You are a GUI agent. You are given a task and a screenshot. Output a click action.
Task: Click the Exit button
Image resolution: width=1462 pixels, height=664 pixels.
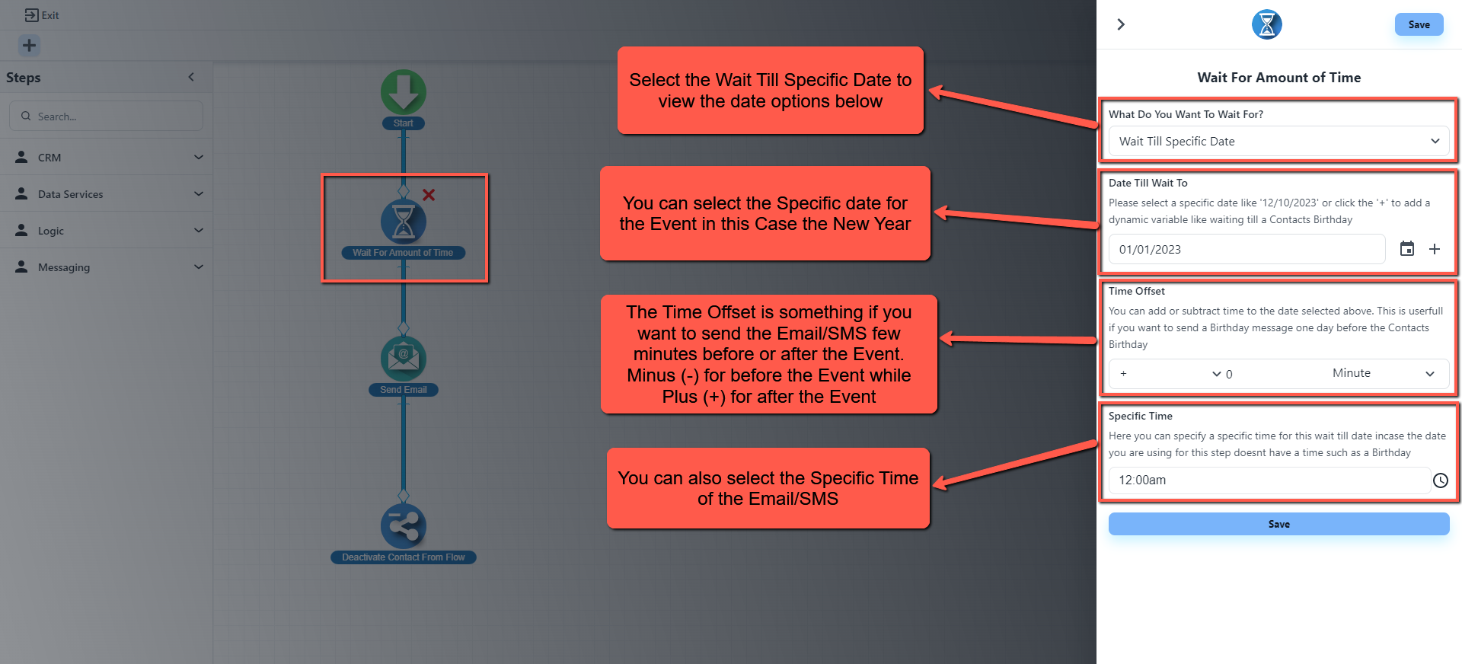[x=42, y=15]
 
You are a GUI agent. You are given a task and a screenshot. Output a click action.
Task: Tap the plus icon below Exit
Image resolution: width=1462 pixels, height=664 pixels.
[x=29, y=46]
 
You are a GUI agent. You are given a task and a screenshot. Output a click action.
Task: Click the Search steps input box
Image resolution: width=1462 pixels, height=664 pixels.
[x=107, y=117]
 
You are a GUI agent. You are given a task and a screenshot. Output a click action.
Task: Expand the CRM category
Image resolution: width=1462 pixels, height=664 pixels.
[x=107, y=158]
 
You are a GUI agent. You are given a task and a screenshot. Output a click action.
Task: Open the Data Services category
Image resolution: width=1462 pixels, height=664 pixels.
[x=107, y=194]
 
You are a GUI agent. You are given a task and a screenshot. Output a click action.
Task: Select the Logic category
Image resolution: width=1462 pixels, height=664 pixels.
[x=107, y=231]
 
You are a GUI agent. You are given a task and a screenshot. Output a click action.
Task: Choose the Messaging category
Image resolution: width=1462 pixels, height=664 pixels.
[x=107, y=267]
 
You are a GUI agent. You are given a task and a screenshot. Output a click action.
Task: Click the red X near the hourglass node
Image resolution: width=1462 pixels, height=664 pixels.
[x=429, y=195]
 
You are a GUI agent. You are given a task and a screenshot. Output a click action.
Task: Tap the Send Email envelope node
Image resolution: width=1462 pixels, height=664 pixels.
[x=403, y=359]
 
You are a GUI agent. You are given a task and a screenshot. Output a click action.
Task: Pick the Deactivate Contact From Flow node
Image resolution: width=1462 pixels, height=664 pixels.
[x=403, y=526]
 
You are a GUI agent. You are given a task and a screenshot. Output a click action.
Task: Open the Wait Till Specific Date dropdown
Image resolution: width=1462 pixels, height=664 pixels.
[x=1278, y=142]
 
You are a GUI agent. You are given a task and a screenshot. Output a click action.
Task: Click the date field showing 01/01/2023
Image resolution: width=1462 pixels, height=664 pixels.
[x=1247, y=250]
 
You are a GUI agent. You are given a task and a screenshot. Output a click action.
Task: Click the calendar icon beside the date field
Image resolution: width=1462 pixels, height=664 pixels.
[x=1407, y=249]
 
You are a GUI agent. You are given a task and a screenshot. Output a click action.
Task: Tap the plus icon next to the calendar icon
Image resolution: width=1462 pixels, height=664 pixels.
[x=1435, y=249]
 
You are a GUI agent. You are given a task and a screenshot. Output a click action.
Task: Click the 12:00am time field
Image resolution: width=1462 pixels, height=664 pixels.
[x=1269, y=480]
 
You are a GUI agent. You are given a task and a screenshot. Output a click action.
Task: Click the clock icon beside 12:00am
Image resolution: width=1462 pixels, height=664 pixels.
[x=1441, y=480]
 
